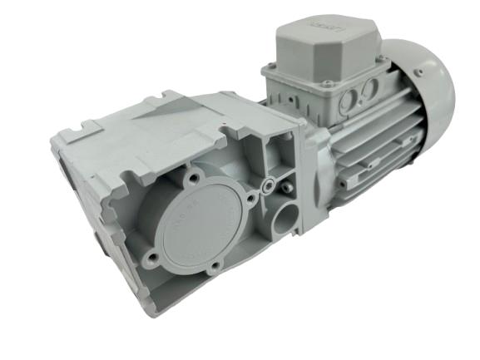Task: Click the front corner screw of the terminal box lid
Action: click(x=329, y=83)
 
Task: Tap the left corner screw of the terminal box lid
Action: click(x=272, y=66)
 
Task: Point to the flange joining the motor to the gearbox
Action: click(x=309, y=166)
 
